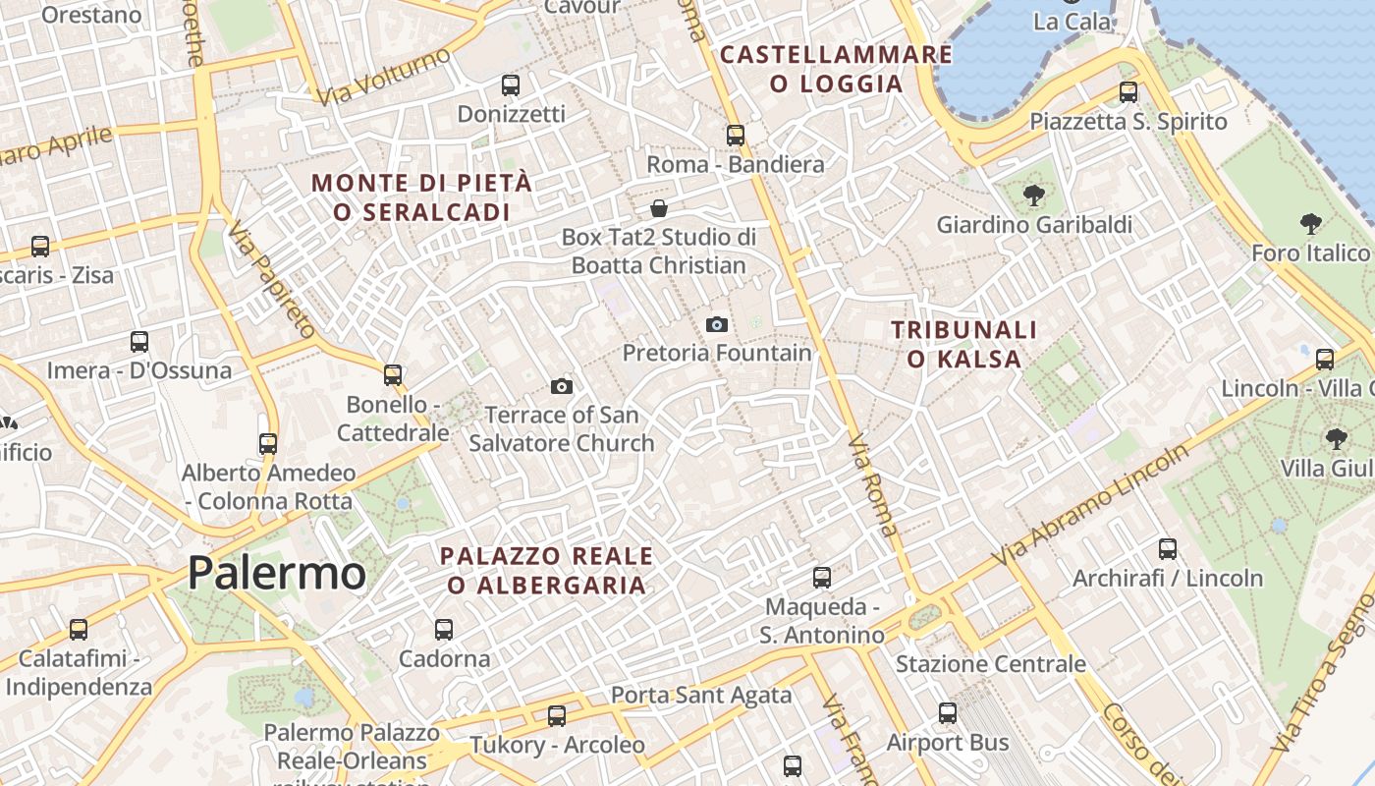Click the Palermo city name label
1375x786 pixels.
[276, 573]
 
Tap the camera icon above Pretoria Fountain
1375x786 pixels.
[717, 324]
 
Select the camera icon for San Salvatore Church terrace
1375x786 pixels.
[562, 386]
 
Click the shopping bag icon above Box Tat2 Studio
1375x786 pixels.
[659, 208]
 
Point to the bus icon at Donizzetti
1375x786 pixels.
[510, 85]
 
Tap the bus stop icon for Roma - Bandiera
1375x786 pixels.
[736, 136]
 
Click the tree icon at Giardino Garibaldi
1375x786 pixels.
[1033, 196]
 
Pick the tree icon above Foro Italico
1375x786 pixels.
[1310, 224]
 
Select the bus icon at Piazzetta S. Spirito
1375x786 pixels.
[1128, 92]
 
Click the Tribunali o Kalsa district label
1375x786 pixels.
[963, 344]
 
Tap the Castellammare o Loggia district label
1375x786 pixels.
[836, 69]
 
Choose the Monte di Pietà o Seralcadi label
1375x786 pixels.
[422, 196]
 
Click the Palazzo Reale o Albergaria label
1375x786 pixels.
[547, 571]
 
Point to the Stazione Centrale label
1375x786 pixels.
[990, 664]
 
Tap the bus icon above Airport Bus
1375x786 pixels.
[948, 713]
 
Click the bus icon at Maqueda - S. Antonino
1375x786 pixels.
[822, 578]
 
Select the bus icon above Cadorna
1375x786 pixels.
[444, 629]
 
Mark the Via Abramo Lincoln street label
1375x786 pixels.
[1090, 504]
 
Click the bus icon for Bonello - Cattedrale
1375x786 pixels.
[393, 374]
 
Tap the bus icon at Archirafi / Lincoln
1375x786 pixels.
[1167, 549]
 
